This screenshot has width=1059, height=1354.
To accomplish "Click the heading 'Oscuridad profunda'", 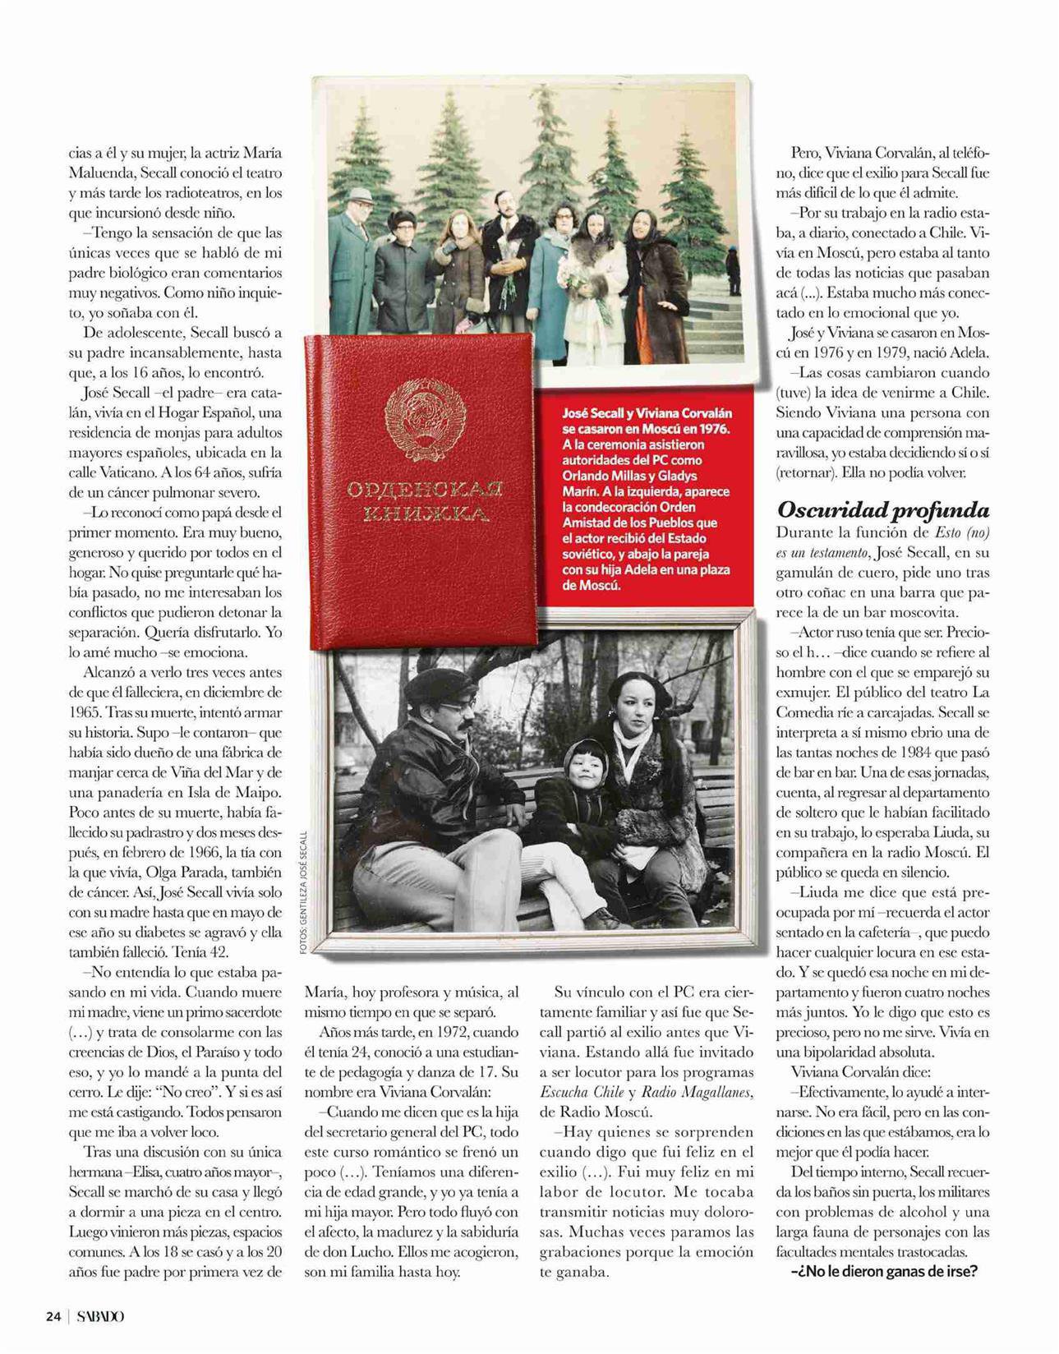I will [882, 510].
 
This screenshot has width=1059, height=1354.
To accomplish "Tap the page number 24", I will [53, 1316].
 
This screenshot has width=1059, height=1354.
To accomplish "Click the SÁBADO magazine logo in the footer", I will [101, 1316].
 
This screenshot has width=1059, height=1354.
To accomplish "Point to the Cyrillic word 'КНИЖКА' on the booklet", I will [425, 515].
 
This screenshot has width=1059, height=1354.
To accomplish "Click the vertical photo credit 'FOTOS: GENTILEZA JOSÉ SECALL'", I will [303, 891].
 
